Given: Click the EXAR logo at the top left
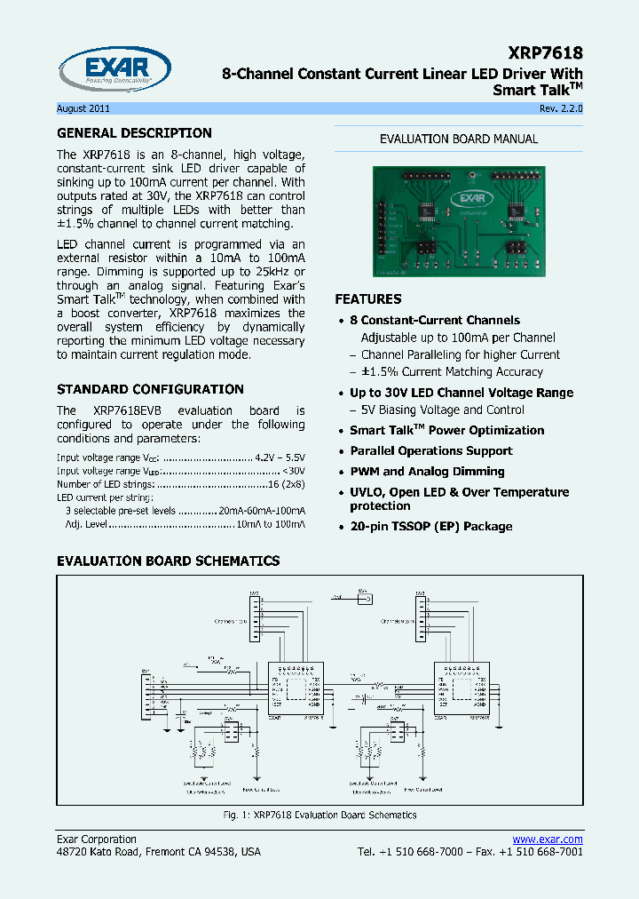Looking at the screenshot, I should tap(114, 69).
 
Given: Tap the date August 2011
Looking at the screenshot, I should tap(83, 108).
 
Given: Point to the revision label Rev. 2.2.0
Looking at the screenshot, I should tap(560, 108).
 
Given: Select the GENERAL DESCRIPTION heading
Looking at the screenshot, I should tap(134, 133).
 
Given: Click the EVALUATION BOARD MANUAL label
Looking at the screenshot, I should tap(459, 139).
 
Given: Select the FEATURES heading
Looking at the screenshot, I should tap(367, 299).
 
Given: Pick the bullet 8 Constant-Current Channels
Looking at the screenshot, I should tap(434, 320).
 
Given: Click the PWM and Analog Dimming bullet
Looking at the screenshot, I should tap(427, 472).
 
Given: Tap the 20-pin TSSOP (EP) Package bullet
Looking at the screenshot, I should tap(430, 526).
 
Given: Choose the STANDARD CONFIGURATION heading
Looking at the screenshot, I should tap(150, 389).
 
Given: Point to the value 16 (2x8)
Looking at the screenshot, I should tap(288, 484).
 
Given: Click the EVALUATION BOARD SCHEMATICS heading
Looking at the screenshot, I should tap(168, 561).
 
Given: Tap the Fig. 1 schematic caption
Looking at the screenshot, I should tap(319, 815).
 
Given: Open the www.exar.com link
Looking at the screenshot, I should tap(548, 839).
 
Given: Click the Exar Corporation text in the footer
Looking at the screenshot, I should tap(97, 839).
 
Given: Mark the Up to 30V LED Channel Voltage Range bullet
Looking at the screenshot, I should tap(461, 393).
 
